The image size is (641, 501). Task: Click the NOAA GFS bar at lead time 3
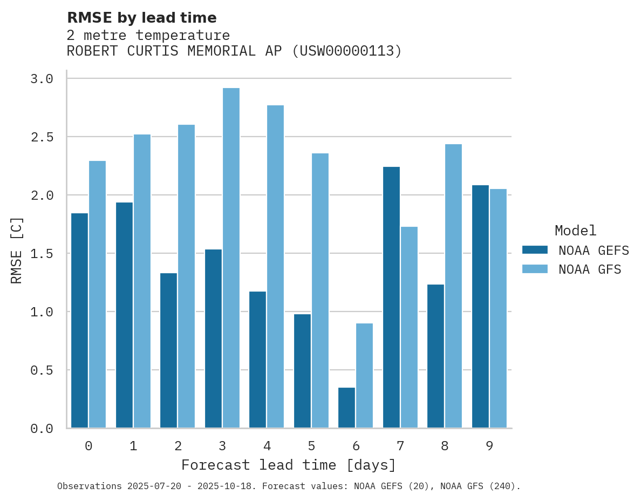pyautogui.click(x=231, y=258)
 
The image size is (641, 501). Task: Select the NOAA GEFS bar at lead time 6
pyautogui.click(x=346, y=408)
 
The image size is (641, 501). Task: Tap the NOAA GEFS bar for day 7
pyautogui.click(x=391, y=297)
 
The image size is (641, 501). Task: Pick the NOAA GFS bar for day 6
pyautogui.click(x=364, y=376)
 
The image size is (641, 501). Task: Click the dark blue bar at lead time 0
pyautogui.click(x=79, y=321)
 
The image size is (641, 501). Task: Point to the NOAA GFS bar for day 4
pyautogui.click(x=275, y=267)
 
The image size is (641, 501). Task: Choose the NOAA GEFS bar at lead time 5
pyautogui.click(x=302, y=371)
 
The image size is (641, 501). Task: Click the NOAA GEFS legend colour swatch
pyautogui.click(x=535, y=250)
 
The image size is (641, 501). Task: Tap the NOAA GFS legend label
pyautogui.click(x=590, y=269)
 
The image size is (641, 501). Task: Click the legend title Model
pyautogui.click(x=575, y=231)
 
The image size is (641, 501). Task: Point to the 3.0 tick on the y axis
pyautogui.click(x=42, y=79)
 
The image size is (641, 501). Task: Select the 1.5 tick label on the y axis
pyautogui.click(x=42, y=253)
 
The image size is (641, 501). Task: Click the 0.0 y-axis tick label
pyautogui.click(x=42, y=429)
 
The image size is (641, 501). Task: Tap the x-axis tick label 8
pyautogui.click(x=445, y=446)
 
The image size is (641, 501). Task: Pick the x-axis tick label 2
pyautogui.click(x=178, y=446)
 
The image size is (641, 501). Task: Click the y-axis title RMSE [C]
pyautogui.click(x=17, y=250)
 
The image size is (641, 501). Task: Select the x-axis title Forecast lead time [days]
pyautogui.click(x=289, y=465)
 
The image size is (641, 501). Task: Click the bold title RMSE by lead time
pyautogui.click(x=141, y=18)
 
